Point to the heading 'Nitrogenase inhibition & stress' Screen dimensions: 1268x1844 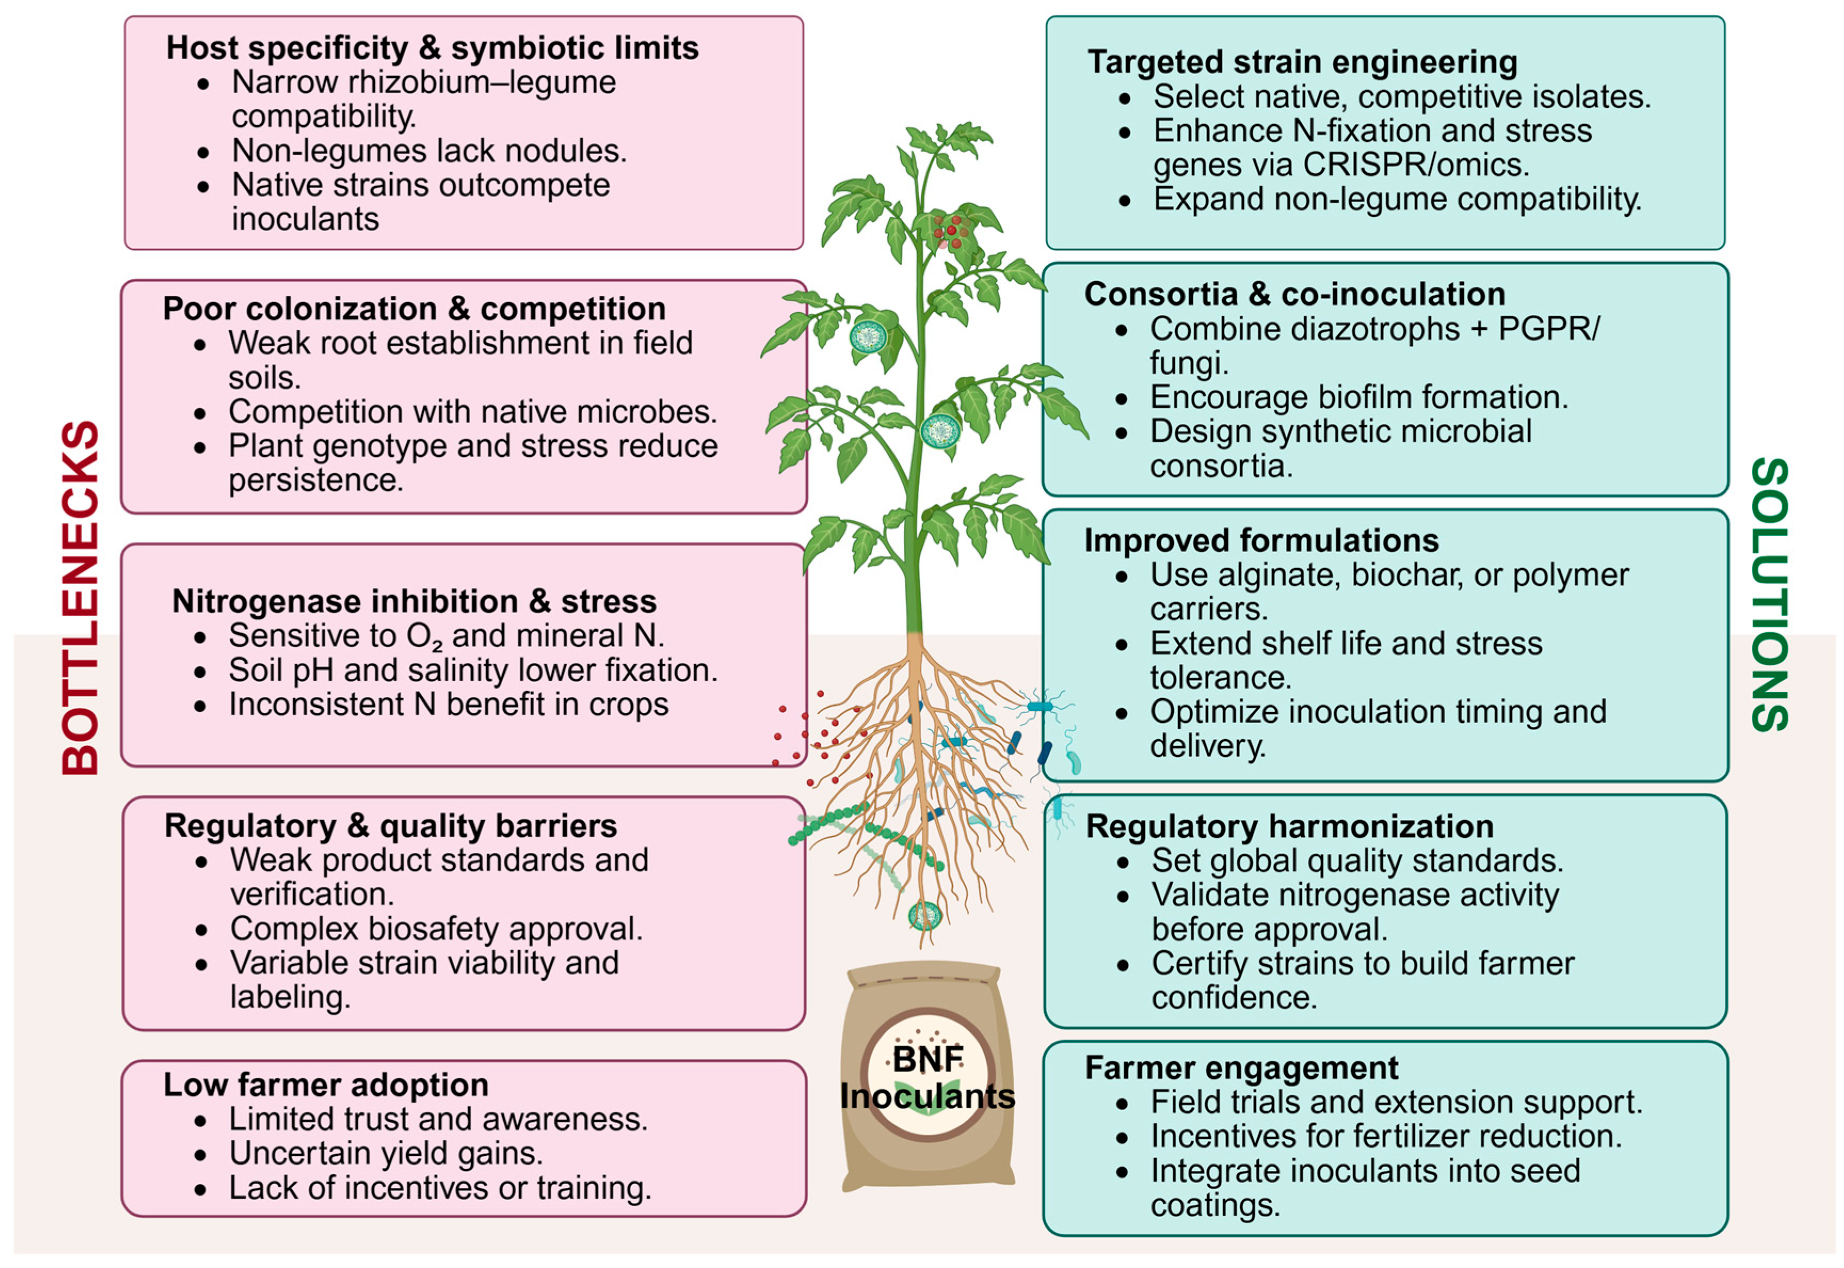coord(414,601)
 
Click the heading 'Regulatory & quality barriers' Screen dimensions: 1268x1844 coord(390,826)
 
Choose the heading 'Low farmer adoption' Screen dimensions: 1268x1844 coord(326,1085)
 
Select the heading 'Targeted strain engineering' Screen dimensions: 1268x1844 coord(1302,62)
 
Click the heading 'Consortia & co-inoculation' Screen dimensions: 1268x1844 coord(1294,294)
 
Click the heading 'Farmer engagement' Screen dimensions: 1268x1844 coord(1241,1068)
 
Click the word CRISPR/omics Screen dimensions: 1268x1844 coord(1416,165)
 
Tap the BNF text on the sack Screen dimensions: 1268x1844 coord(927,1059)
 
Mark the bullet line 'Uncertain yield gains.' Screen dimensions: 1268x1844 coord(386,1153)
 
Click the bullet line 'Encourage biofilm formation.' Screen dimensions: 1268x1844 coord(1358,397)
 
